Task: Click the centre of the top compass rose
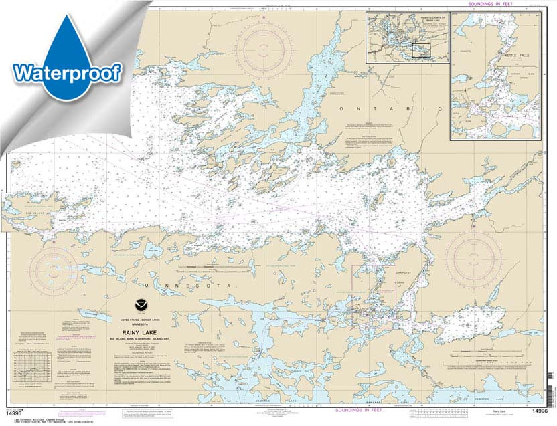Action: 267,49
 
